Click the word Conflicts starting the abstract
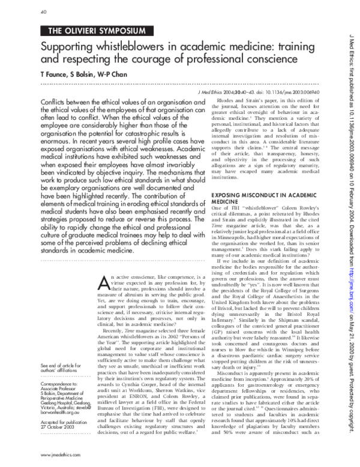[54, 103]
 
